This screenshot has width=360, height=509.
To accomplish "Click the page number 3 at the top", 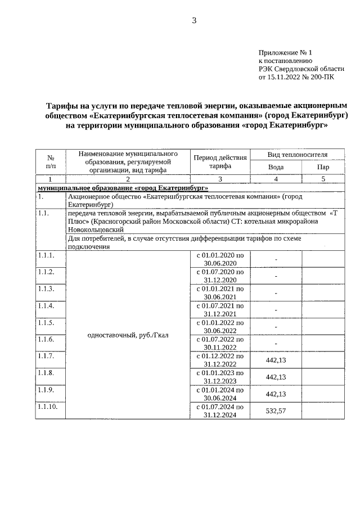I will click(194, 21).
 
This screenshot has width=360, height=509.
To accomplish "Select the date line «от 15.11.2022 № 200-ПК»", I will click(296, 77).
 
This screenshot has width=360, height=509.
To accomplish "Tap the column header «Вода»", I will click(276, 167).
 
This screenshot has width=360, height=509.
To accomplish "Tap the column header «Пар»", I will click(323, 167).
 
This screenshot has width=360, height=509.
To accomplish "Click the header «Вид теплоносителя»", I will click(298, 154).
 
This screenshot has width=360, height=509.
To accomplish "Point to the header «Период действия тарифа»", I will click(220, 161).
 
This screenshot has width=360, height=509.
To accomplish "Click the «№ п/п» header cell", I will click(51, 161).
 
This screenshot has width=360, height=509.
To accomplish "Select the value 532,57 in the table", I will click(276, 411).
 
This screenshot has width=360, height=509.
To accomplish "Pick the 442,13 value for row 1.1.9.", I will click(276, 394).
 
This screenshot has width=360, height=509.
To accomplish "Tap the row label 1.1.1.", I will click(46, 255).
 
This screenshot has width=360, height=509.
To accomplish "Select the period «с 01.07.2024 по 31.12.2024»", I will click(220, 411).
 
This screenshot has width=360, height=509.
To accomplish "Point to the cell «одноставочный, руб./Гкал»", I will click(128, 335).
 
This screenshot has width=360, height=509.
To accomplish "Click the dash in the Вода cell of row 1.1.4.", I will click(276, 310).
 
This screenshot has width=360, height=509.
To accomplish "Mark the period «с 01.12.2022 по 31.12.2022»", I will click(220, 360).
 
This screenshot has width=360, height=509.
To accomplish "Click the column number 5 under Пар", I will click(323, 179).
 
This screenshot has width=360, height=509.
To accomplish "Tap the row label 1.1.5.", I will click(46, 323).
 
